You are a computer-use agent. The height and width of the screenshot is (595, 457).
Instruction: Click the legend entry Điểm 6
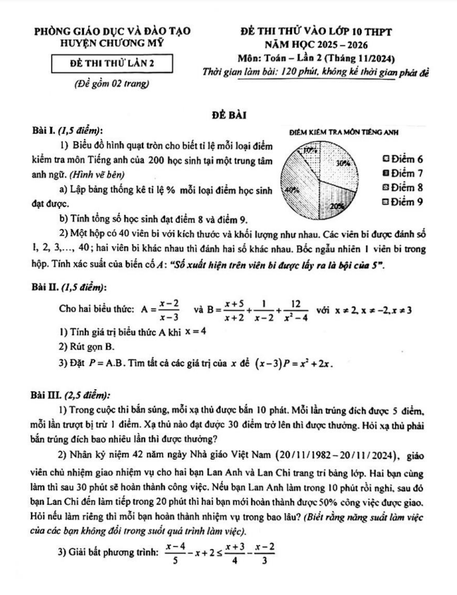[401, 159]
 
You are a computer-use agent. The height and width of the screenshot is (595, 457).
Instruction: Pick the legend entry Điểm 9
[401, 202]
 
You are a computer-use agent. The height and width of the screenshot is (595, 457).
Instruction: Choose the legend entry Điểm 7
[401, 173]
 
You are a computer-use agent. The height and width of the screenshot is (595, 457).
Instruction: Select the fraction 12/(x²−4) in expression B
[295, 309]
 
